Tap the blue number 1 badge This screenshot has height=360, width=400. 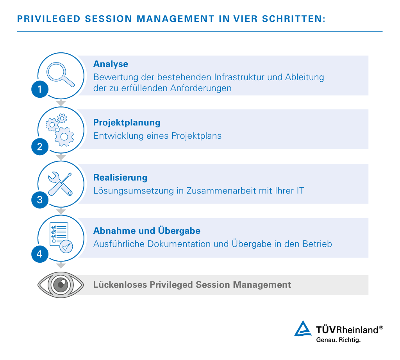(40, 89)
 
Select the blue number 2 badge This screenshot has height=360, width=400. (40, 147)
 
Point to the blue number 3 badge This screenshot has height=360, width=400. (40, 200)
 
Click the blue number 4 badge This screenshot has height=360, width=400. (40, 254)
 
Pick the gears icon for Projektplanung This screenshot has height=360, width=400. (60, 130)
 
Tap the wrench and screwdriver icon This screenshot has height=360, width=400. (60, 184)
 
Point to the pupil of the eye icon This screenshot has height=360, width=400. (61, 285)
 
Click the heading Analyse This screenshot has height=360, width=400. (111, 64)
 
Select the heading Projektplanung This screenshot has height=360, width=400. (127, 123)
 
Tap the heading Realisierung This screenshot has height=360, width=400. (120, 177)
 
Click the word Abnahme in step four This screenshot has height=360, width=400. (115, 231)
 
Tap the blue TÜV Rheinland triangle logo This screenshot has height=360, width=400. (303, 329)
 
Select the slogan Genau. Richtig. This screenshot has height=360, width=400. (338, 340)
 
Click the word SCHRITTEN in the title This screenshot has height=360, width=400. (294, 19)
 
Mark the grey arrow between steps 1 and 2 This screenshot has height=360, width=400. (61, 103)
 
